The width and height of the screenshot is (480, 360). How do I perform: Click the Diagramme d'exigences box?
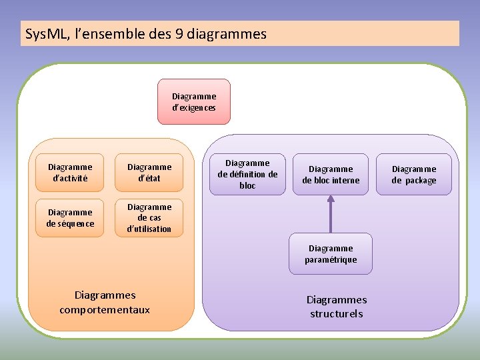coord(193,101)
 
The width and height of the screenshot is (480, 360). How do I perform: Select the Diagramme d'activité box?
coord(70,173)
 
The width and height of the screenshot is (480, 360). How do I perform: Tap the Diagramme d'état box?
coord(149,173)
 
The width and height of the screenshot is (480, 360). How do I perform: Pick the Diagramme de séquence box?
coord(70,218)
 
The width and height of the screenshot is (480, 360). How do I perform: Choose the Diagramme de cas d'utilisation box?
coord(149,218)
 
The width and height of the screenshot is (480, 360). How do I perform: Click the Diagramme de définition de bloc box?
coord(247,174)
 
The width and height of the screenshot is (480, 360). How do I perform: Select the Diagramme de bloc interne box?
coord(331,175)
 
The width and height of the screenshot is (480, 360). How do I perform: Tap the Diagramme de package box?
coord(413,175)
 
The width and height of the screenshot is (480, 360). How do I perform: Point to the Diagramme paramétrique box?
coord(331,253)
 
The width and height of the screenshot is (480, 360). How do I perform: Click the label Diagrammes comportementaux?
coord(105,302)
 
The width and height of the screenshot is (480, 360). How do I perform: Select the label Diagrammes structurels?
coord(337,307)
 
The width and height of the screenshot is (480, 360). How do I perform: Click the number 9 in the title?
coord(179,34)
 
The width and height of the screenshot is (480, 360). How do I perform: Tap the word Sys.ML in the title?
coord(46,34)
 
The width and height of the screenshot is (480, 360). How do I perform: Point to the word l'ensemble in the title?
coord(107,34)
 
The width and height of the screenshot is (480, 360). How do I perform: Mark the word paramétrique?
coord(331,259)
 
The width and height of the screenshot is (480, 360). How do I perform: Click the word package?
coord(421,181)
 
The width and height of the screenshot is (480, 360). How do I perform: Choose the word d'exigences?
coord(193,107)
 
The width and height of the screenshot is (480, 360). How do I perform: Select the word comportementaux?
coord(105,310)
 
